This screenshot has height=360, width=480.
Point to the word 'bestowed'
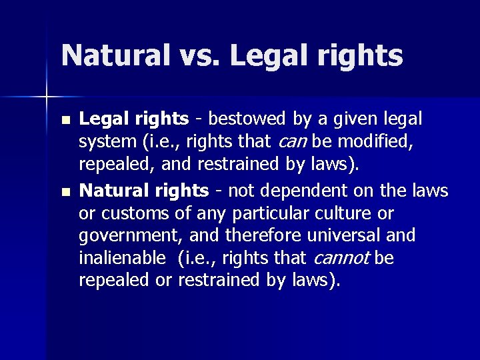247,119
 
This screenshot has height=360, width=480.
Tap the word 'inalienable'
121,258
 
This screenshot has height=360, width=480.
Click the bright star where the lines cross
47,97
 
